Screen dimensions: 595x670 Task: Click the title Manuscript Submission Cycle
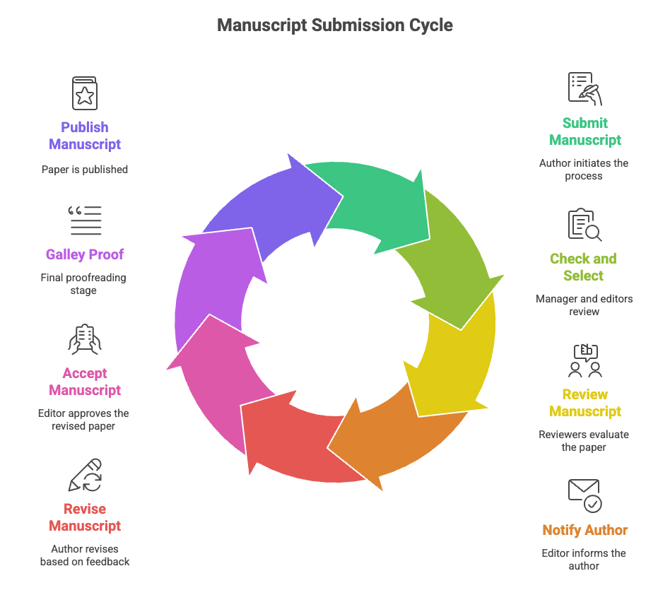coord(335,25)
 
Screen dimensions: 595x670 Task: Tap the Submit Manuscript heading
coord(585,131)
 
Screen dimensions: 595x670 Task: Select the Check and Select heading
coord(583,267)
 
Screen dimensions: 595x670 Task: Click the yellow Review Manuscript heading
coord(585,403)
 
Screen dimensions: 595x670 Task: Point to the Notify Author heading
coord(585,530)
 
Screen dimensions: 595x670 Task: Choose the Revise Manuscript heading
coord(85,517)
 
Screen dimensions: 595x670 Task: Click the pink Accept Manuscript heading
coord(85,382)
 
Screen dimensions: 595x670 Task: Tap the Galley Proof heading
coord(85,254)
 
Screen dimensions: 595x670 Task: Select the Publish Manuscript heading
coord(85,136)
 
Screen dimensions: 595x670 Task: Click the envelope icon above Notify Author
coord(584,495)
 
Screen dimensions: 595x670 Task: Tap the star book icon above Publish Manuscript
coord(85,93)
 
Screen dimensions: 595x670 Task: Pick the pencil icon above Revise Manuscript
coord(86,475)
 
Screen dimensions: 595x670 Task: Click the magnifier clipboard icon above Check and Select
coord(584,225)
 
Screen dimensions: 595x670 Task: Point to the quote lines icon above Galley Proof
coord(85,220)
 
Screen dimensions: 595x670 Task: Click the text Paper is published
coord(85,170)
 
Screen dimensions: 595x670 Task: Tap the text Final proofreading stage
coord(83,284)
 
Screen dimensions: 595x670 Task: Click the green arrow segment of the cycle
coord(375,201)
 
